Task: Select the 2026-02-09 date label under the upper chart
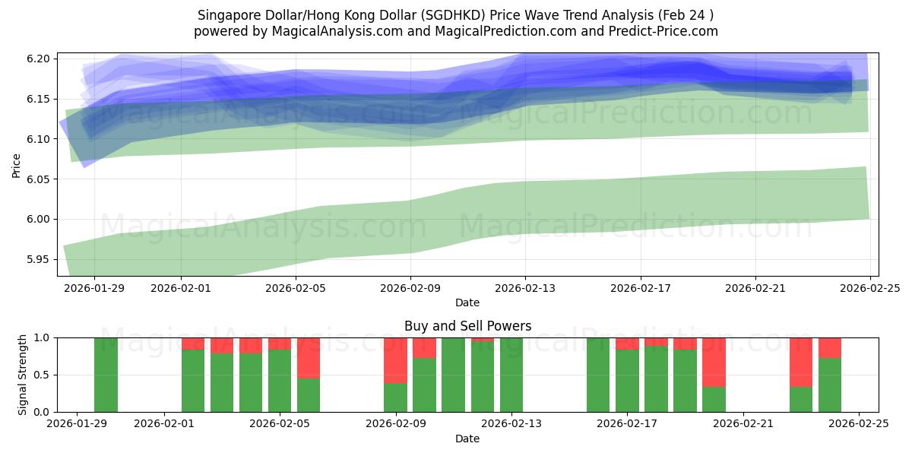tap(410, 289)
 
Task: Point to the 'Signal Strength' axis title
tap(23, 375)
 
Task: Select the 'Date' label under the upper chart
tap(467, 302)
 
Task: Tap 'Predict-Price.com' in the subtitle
tap(666, 31)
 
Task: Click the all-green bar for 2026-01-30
tap(106, 375)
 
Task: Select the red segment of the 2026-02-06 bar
tap(309, 358)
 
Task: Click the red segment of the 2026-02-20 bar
tap(714, 363)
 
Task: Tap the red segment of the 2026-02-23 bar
tap(801, 363)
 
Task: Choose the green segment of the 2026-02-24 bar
tap(830, 385)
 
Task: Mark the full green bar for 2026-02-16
tap(598, 375)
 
